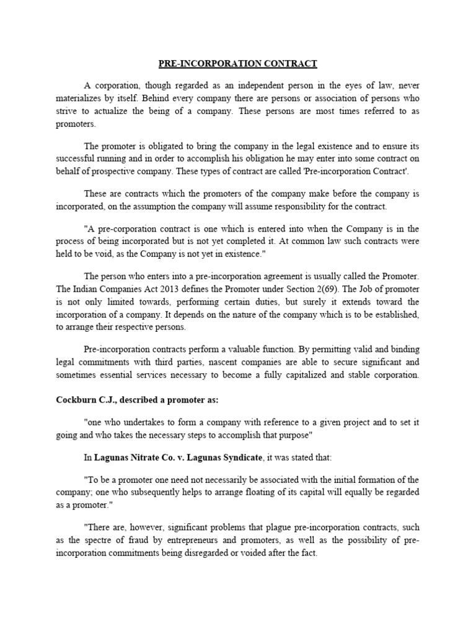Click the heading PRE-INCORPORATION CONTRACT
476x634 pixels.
coord(238,63)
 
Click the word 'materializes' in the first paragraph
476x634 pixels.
coord(79,98)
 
